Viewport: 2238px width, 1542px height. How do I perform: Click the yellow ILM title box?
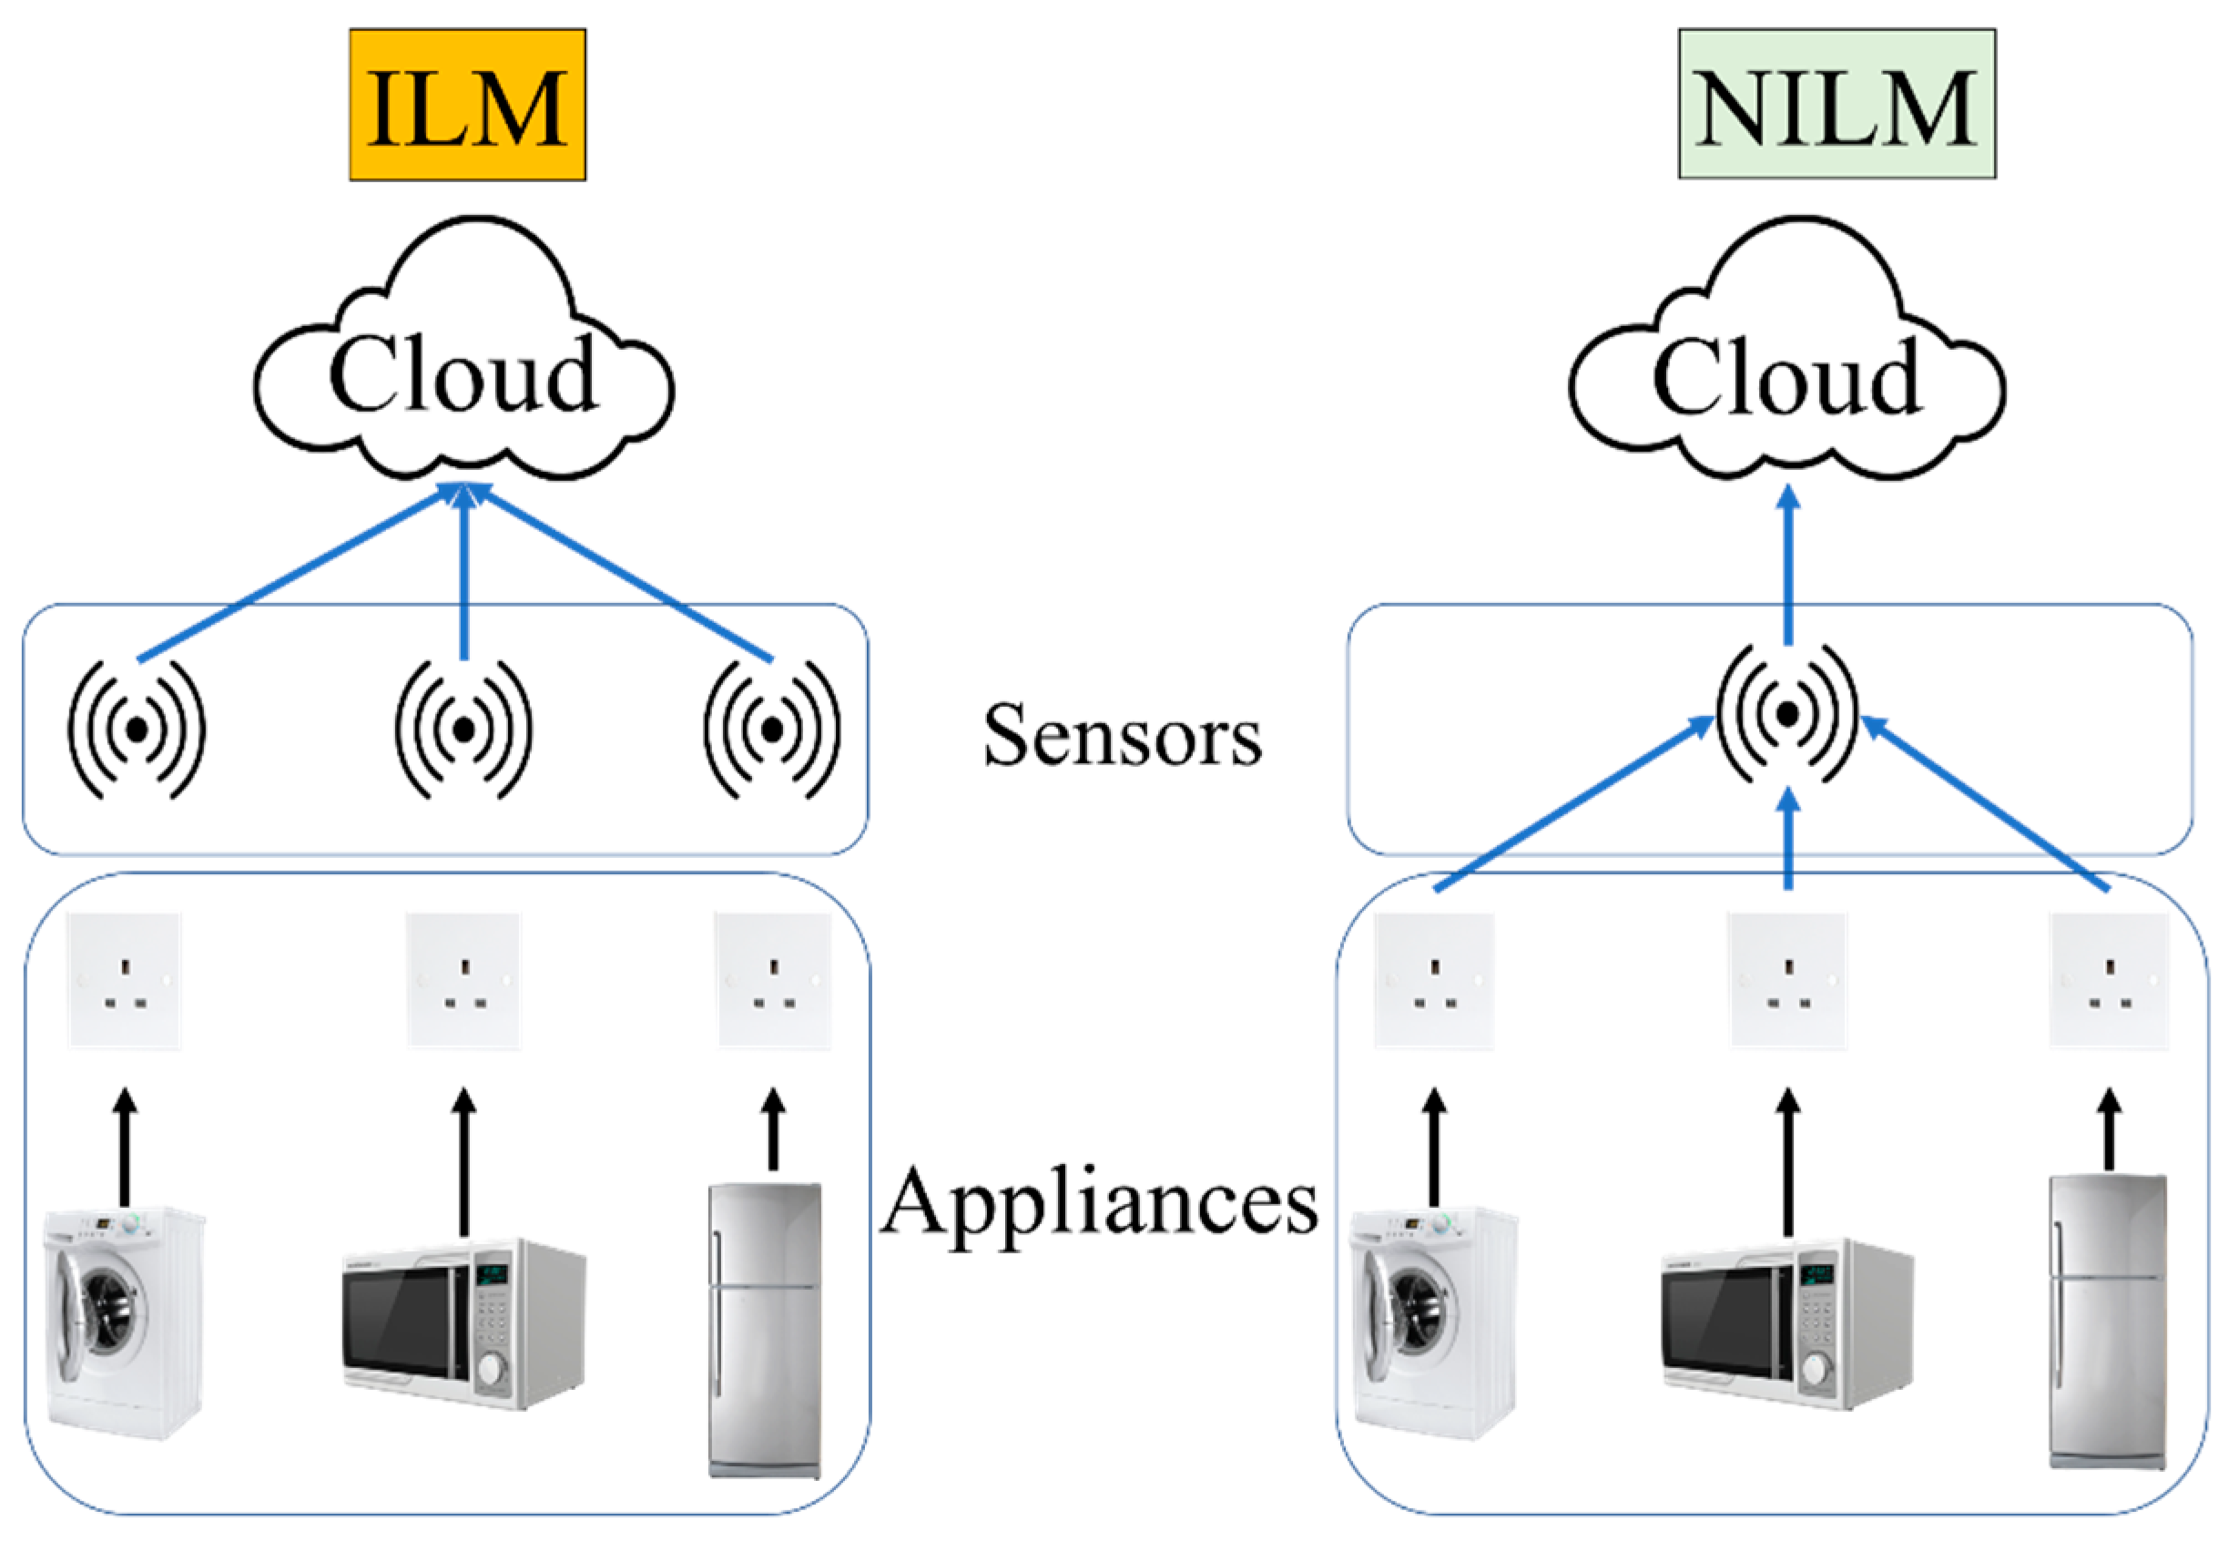coord(467,105)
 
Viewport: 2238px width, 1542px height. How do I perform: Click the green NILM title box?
coord(1836,105)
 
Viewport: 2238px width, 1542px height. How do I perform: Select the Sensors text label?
coord(1122,735)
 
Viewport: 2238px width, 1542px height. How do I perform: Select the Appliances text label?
coord(1099,1204)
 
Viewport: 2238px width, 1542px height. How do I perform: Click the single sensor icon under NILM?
coord(1787,714)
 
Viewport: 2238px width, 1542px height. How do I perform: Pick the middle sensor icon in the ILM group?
coord(463,730)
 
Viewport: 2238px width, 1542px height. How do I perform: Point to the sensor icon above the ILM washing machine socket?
coord(137,730)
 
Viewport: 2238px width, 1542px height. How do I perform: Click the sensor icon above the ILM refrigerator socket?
coord(772,730)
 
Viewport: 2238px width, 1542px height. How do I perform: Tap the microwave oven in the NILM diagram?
coord(1787,1323)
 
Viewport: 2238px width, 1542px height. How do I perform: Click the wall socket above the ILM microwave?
coord(463,980)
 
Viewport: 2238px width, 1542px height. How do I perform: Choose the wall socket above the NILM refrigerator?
coord(2109,980)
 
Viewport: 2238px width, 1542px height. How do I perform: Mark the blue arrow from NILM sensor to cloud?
coord(1788,570)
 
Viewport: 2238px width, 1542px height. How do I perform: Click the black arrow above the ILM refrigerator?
coord(773,1130)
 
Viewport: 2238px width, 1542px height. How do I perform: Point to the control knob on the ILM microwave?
coord(492,1369)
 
